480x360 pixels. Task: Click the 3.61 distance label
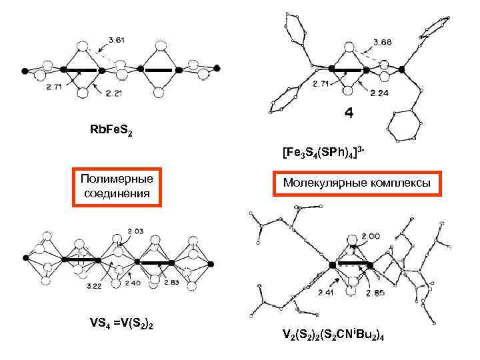click(x=115, y=39)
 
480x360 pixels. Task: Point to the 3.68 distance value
click(x=383, y=43)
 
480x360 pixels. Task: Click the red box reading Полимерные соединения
click(x=117, y=186)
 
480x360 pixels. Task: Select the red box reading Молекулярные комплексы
click(x=357, y=182)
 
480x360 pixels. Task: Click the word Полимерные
click(x=117, y=179)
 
